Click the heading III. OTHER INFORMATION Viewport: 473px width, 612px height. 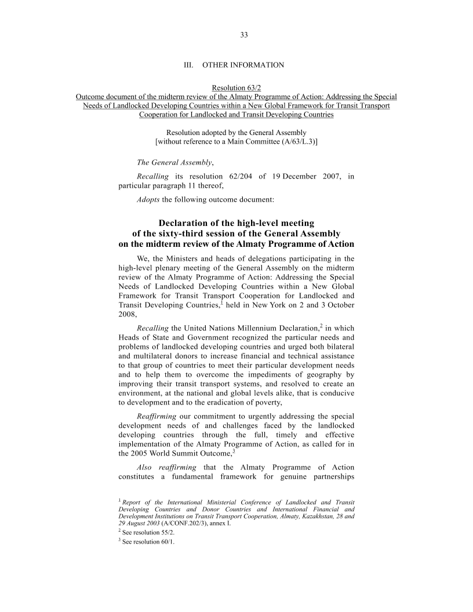click(x=234, y=65)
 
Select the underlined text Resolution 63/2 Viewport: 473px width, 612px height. click(x=236, y=88)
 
